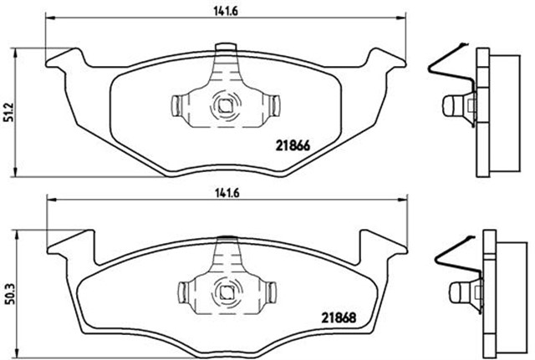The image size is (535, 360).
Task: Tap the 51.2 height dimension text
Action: point(9,111)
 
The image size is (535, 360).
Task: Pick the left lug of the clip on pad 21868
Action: point(189,292)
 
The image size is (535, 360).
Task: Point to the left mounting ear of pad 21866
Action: point(66,60)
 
